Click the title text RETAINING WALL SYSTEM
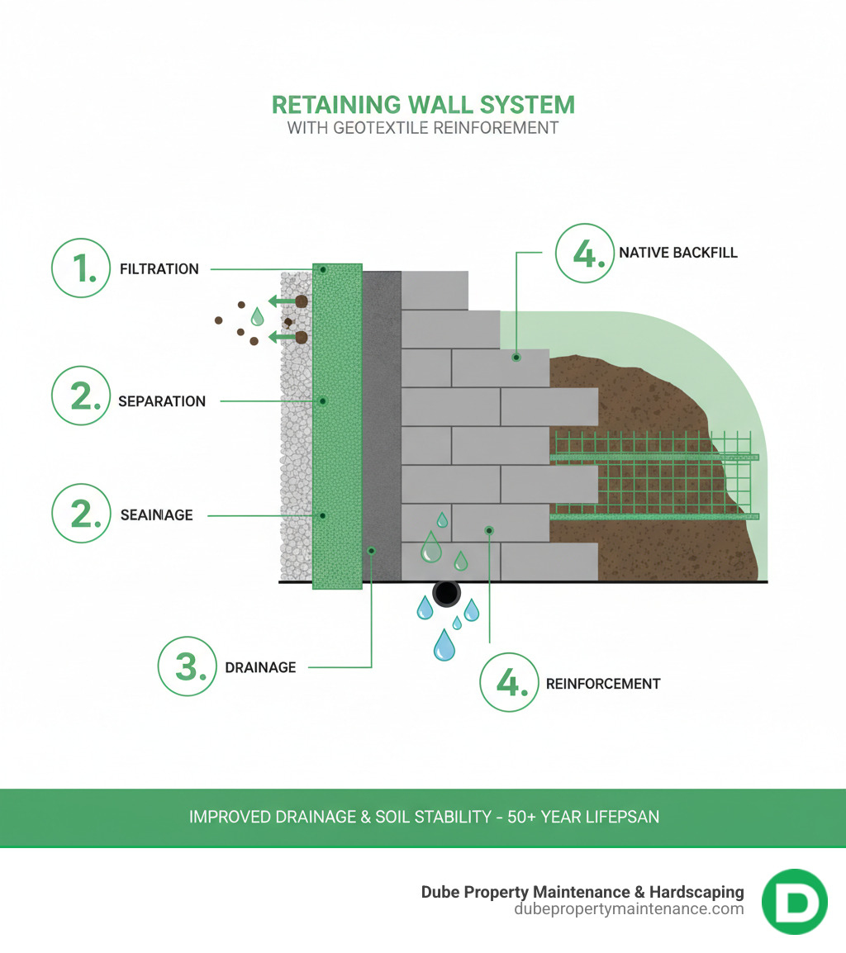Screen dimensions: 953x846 423,105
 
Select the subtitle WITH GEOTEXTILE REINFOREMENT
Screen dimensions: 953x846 423,128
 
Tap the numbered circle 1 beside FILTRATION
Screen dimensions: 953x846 80,268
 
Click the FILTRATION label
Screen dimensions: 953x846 159,269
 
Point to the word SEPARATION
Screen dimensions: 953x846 162,401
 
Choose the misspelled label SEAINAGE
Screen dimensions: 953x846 156,515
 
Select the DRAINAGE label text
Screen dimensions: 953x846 260,667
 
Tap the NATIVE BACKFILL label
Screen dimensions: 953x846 677,253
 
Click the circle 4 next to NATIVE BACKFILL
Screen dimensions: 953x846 584,253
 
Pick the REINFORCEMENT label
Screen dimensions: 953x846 603,684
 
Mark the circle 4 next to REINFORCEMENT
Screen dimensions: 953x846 509,683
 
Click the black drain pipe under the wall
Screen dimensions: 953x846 446,593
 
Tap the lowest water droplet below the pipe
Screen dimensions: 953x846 444,646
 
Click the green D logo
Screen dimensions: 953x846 794,901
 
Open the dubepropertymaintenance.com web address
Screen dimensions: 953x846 629,909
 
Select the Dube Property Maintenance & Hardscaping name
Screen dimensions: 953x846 582,892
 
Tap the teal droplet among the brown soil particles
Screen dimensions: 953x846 258,316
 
